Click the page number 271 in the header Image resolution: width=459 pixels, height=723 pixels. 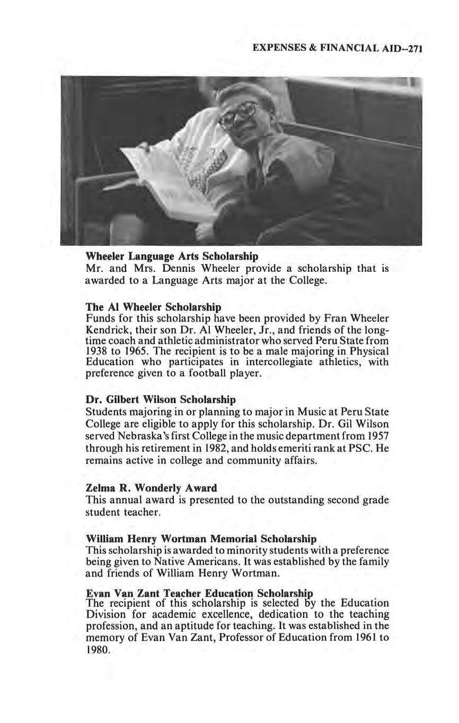coord(417,49)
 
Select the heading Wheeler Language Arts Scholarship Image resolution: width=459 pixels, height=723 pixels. coord(172,256)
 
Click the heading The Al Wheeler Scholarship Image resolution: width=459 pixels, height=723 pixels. coord(153,307)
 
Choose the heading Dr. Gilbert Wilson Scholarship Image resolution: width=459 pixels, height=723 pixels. coord(161,399)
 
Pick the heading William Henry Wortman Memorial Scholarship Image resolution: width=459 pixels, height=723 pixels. coord(201,539)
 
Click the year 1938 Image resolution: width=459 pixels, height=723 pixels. coord(96,351)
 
